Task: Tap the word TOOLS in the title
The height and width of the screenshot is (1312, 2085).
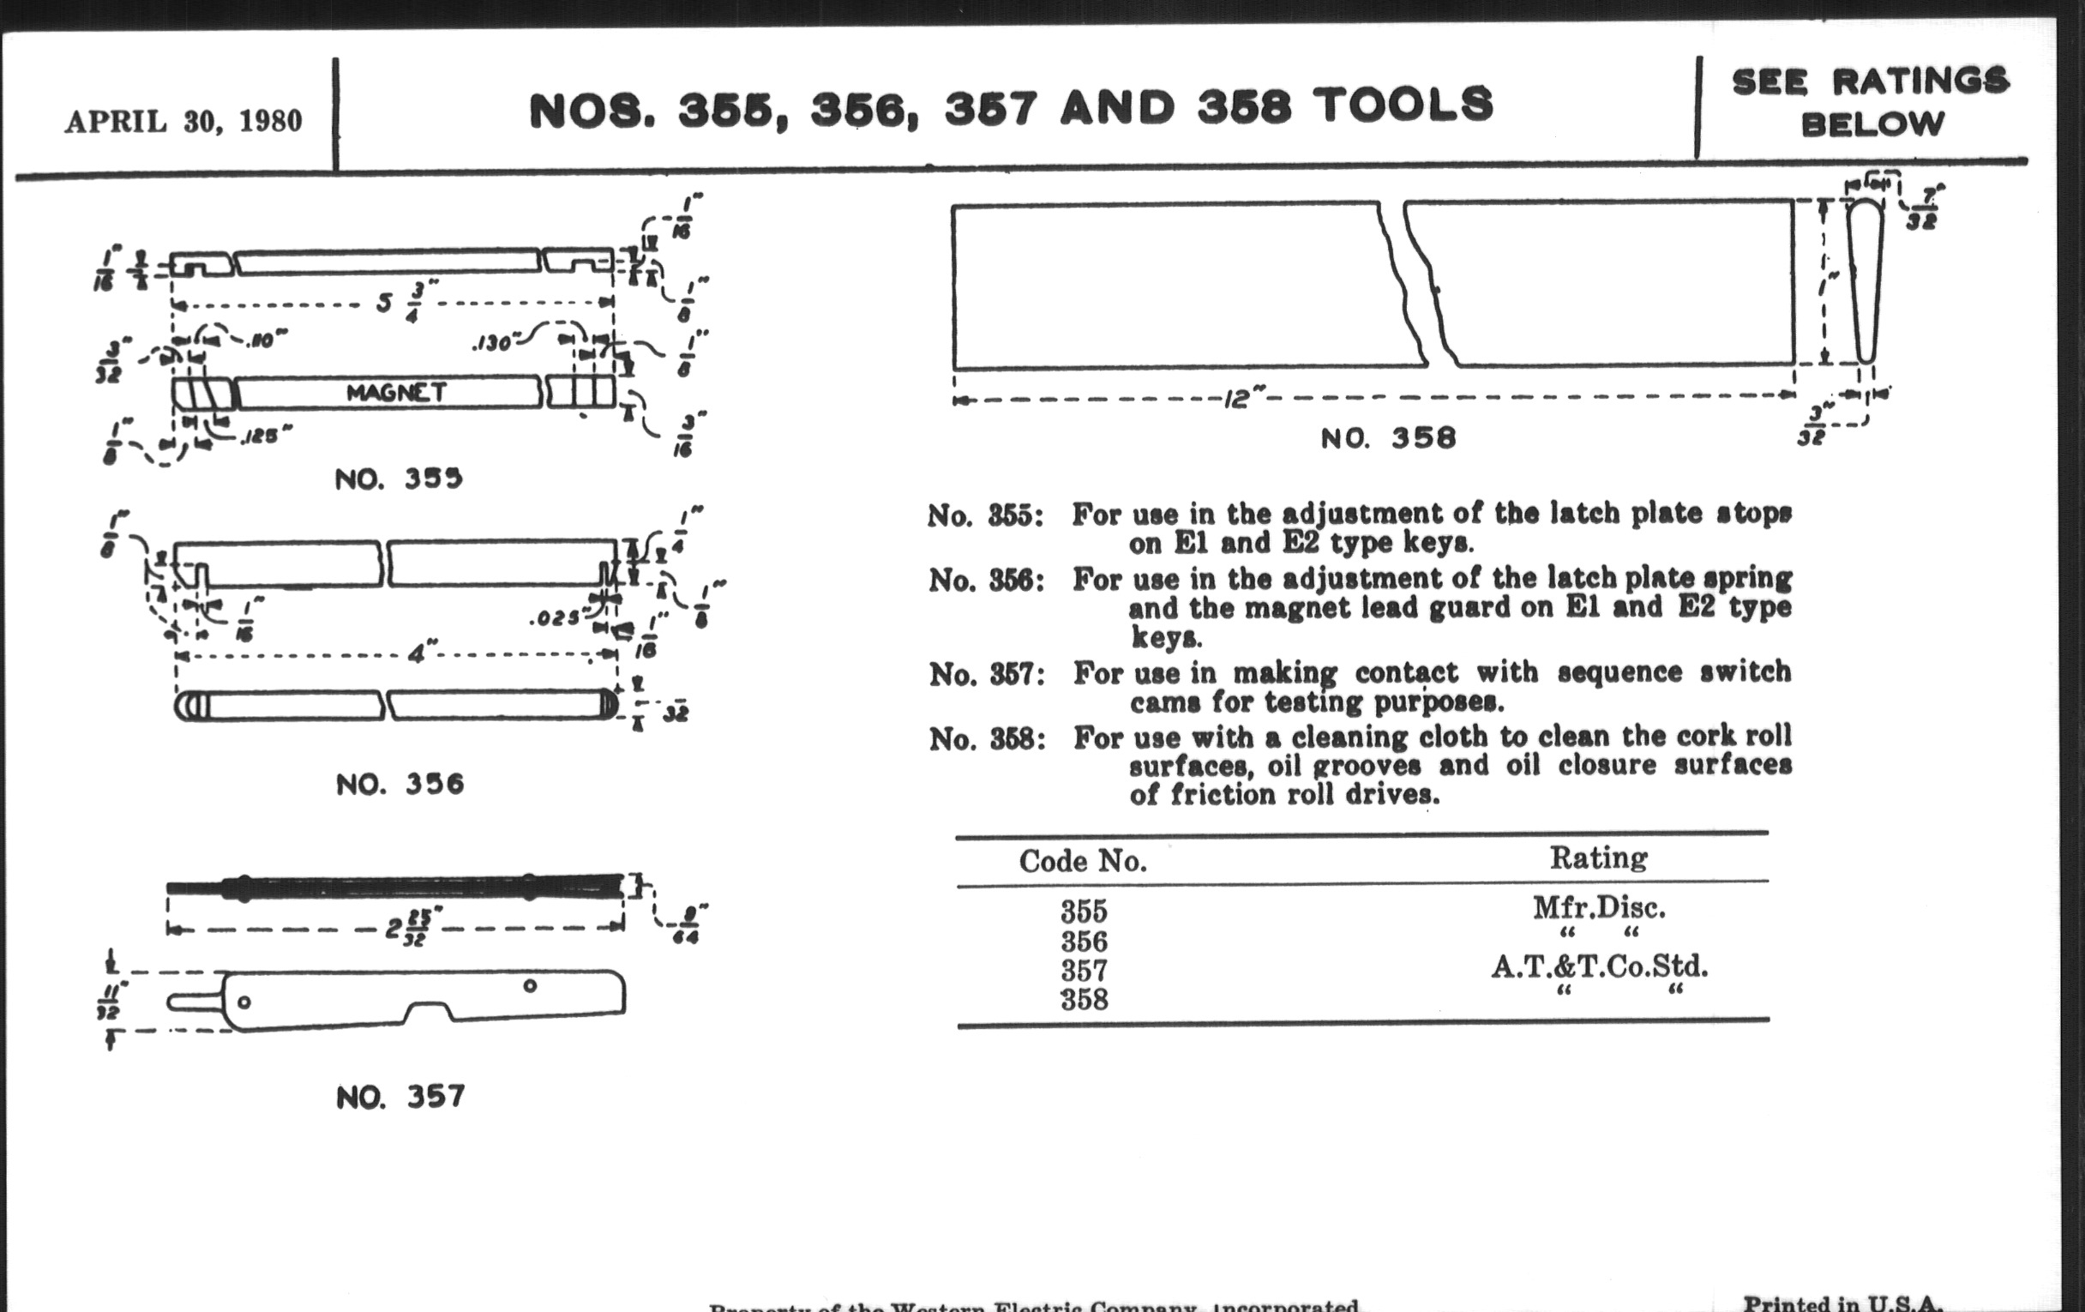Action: pyautogui.click(x=1403, y=105)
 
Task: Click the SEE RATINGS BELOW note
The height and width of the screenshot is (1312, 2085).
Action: pyautogui.click(x=1871, y=102)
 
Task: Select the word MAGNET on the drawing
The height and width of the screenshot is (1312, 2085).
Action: pyautogui.click(x=396, y=393)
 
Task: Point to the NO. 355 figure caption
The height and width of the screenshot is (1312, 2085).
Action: pyautogui.click(x=399, y=478)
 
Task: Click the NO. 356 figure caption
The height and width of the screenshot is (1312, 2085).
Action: pyautogui.click(x=400, y=784)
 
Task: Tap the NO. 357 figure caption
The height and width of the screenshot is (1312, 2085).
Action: pyautogui.click(x=400, y=1098)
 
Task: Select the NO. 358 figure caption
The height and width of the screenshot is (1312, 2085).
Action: pyautogui.click(x=1388, y=437)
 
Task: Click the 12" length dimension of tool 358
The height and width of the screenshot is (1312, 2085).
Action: pyautogui.click(x=1244, y=400)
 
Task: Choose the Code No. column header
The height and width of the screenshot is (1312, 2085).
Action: pyautogui.click(x=1082, y=861)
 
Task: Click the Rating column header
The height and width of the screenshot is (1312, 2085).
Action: pyautogui.click(x=1597, y=858)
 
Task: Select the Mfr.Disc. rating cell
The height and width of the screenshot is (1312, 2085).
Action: pyautogui.click(x=1598, y=907)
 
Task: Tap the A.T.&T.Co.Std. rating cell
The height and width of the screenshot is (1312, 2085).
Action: pyautogui.click(x=1598, y=966)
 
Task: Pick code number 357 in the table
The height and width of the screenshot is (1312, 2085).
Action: pyautogui.click(x=1083, y=970)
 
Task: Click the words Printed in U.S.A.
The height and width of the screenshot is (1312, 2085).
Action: pyautogui.click(x=1842, y=1302)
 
